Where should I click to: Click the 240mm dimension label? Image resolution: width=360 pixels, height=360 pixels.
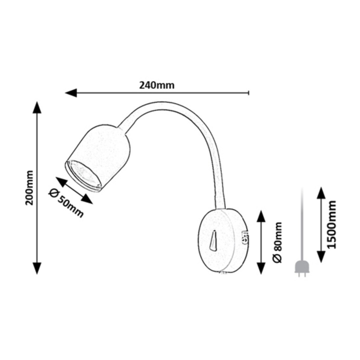point(157,85)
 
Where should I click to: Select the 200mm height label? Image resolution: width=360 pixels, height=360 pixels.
point(29,188)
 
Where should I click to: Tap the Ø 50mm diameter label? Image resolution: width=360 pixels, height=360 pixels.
point(66,203)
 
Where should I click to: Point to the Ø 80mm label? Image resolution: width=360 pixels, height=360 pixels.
point(277,242)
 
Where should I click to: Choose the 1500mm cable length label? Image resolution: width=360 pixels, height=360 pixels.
point(331,224)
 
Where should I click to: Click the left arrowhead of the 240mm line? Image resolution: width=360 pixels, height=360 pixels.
point(71,93)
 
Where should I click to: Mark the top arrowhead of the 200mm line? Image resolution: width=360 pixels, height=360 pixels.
point(37,107)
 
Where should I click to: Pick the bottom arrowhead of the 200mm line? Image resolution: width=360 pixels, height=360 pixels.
point(37,268)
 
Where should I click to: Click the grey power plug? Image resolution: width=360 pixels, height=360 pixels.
point(302,268)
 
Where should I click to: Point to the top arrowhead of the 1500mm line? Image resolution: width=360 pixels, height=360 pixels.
point(321,193)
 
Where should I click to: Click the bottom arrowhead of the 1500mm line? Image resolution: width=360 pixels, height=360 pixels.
point(321,256)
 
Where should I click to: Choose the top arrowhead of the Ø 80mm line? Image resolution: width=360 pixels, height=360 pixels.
point(261,216)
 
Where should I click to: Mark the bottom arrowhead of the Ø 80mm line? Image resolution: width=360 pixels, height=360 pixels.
point(261,268)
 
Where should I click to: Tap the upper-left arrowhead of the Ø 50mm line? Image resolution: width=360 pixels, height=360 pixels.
point(61,182)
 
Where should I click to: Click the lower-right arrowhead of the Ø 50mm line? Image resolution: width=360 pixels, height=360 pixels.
point(87,199)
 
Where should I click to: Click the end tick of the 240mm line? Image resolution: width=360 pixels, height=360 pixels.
point(249,93)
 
